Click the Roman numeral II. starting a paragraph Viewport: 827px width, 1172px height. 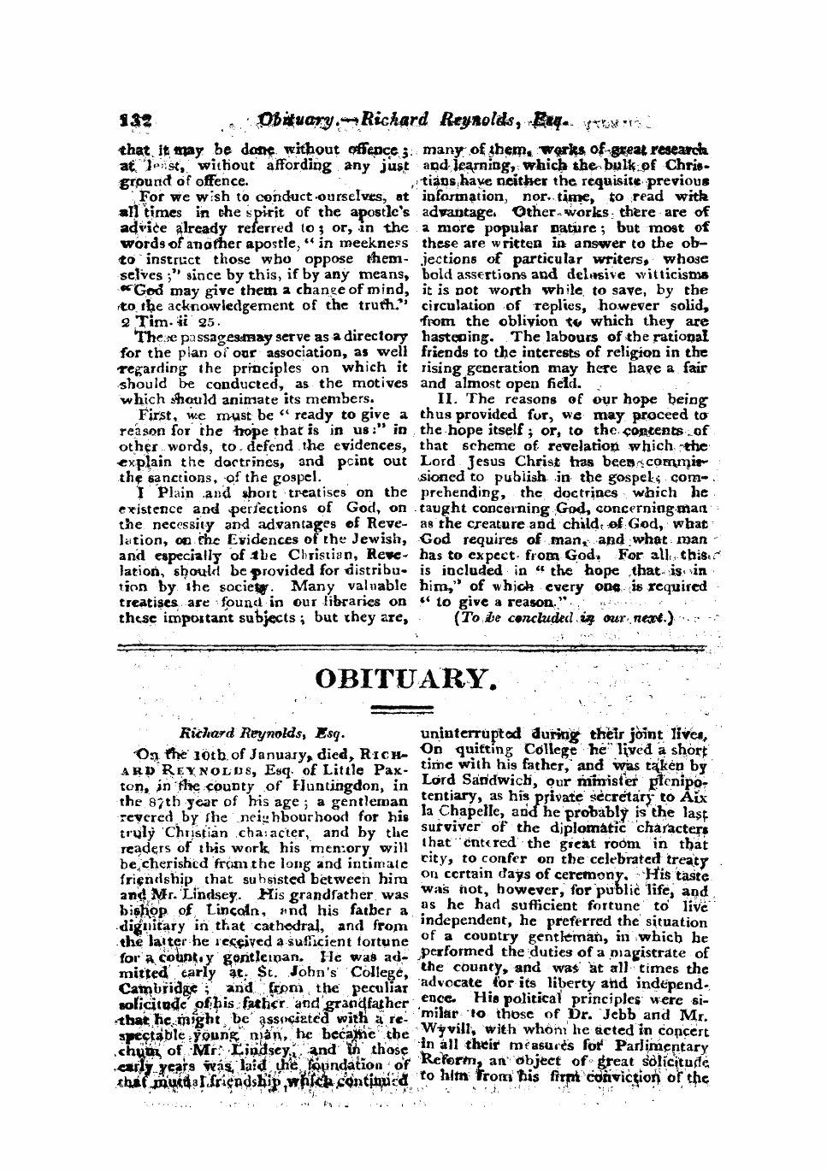coord(448,399)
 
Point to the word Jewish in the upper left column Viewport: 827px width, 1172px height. coord(383,539)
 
